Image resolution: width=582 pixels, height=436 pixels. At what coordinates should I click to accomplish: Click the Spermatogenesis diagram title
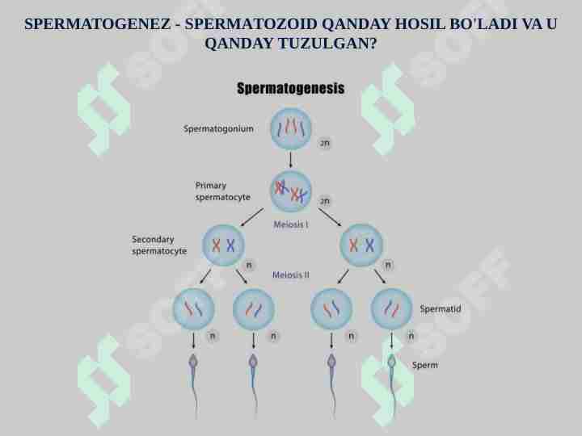(x=291, y=88)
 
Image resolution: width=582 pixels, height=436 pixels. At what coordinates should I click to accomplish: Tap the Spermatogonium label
(x=218, y=128)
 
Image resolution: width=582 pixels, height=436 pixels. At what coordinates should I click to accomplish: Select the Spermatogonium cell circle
(x=291, y=128)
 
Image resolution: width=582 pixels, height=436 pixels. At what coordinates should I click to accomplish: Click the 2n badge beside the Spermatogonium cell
(x=325, y=143)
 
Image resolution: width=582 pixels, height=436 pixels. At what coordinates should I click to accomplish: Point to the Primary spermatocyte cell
(x=291, y=191)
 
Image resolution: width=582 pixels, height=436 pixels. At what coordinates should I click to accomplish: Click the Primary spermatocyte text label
(x=223, y=191)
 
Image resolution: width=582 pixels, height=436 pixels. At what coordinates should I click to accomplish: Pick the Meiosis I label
(x=291, y=224)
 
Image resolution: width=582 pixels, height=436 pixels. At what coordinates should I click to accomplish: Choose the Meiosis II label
(x=291, y=275)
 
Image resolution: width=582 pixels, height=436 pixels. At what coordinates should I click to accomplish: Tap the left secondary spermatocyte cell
(x=223, y=245)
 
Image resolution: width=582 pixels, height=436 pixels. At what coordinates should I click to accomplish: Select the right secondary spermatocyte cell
(x=361, y=245)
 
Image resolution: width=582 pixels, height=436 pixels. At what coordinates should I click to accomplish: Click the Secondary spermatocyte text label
(x=159, y=245)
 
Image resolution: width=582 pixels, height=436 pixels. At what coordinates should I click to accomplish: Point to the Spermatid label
(x=441, y=308)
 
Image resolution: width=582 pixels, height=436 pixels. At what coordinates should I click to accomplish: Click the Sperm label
(x=424, y=365)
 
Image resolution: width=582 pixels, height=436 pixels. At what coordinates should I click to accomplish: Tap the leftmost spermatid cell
(x=193, y=308)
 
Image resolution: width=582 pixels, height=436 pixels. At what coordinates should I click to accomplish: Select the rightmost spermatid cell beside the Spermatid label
(x=391, y=308)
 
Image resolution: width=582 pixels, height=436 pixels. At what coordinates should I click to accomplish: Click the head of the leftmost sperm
(x=193, y=361)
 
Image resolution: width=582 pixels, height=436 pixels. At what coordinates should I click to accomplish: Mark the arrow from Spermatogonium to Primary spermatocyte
(x=291, y=160)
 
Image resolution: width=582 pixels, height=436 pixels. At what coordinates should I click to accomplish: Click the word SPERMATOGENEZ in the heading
(x=98, y=24)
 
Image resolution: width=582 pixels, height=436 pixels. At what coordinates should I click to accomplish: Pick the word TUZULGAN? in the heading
(x=327, y=44)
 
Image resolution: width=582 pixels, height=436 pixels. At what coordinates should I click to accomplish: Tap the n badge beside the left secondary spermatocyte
(x=249, y=265)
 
